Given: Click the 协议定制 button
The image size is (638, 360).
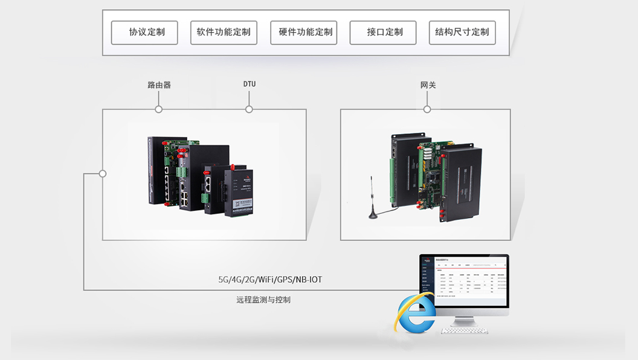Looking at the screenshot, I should [144, 33].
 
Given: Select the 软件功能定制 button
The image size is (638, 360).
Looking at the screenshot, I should [224, 33].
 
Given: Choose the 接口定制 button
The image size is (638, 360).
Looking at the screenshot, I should [383, 33].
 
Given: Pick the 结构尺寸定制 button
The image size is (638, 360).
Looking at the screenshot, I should [462, 33].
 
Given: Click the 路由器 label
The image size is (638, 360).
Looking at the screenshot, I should [159, 85].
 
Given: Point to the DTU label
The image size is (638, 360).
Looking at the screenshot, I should [250, 84].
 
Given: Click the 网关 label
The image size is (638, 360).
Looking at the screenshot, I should [428, 85].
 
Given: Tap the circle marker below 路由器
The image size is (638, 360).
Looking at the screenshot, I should [159, 109].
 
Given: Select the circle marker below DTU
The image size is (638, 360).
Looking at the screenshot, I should [249, 109].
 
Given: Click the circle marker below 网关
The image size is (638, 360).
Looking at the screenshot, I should [427, 109].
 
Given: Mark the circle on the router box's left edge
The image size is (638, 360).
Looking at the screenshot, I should [103, 173].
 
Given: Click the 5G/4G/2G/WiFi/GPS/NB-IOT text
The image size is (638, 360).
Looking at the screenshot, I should [271, 280].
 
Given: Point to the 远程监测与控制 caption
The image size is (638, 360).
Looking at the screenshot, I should [263, 300].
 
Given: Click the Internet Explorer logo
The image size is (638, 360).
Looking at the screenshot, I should [415, 312].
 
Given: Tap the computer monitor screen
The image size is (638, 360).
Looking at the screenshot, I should [465, 281].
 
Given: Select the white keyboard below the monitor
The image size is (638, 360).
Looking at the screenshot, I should [468, 331].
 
